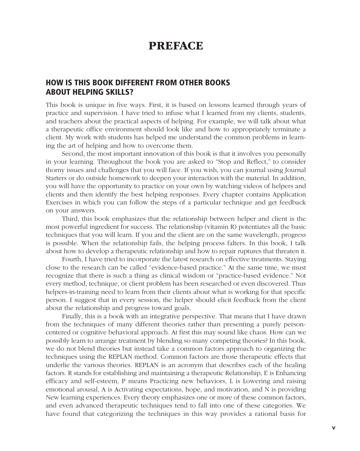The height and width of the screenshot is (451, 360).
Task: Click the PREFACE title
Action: click(176, 46)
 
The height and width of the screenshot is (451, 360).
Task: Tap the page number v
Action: click(334, 428)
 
